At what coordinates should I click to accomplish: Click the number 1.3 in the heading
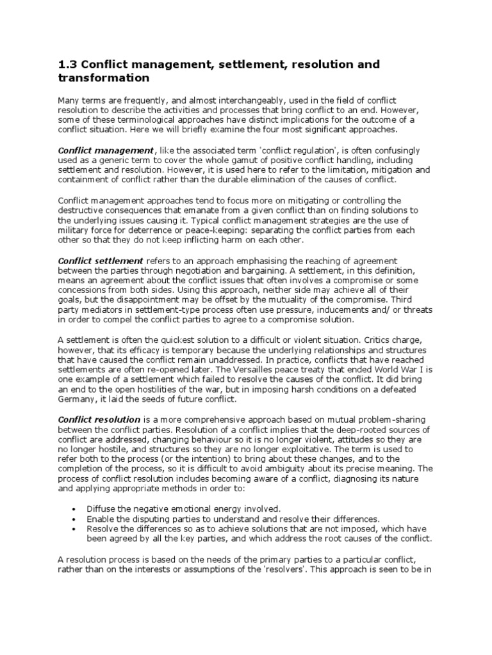click(67, 65)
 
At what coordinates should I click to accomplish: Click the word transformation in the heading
click(103, 78)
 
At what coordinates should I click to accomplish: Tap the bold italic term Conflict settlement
click(101, 261)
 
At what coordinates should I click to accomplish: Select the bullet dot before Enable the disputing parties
click(75, 519)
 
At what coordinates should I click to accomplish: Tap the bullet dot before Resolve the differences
click(75, 529)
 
